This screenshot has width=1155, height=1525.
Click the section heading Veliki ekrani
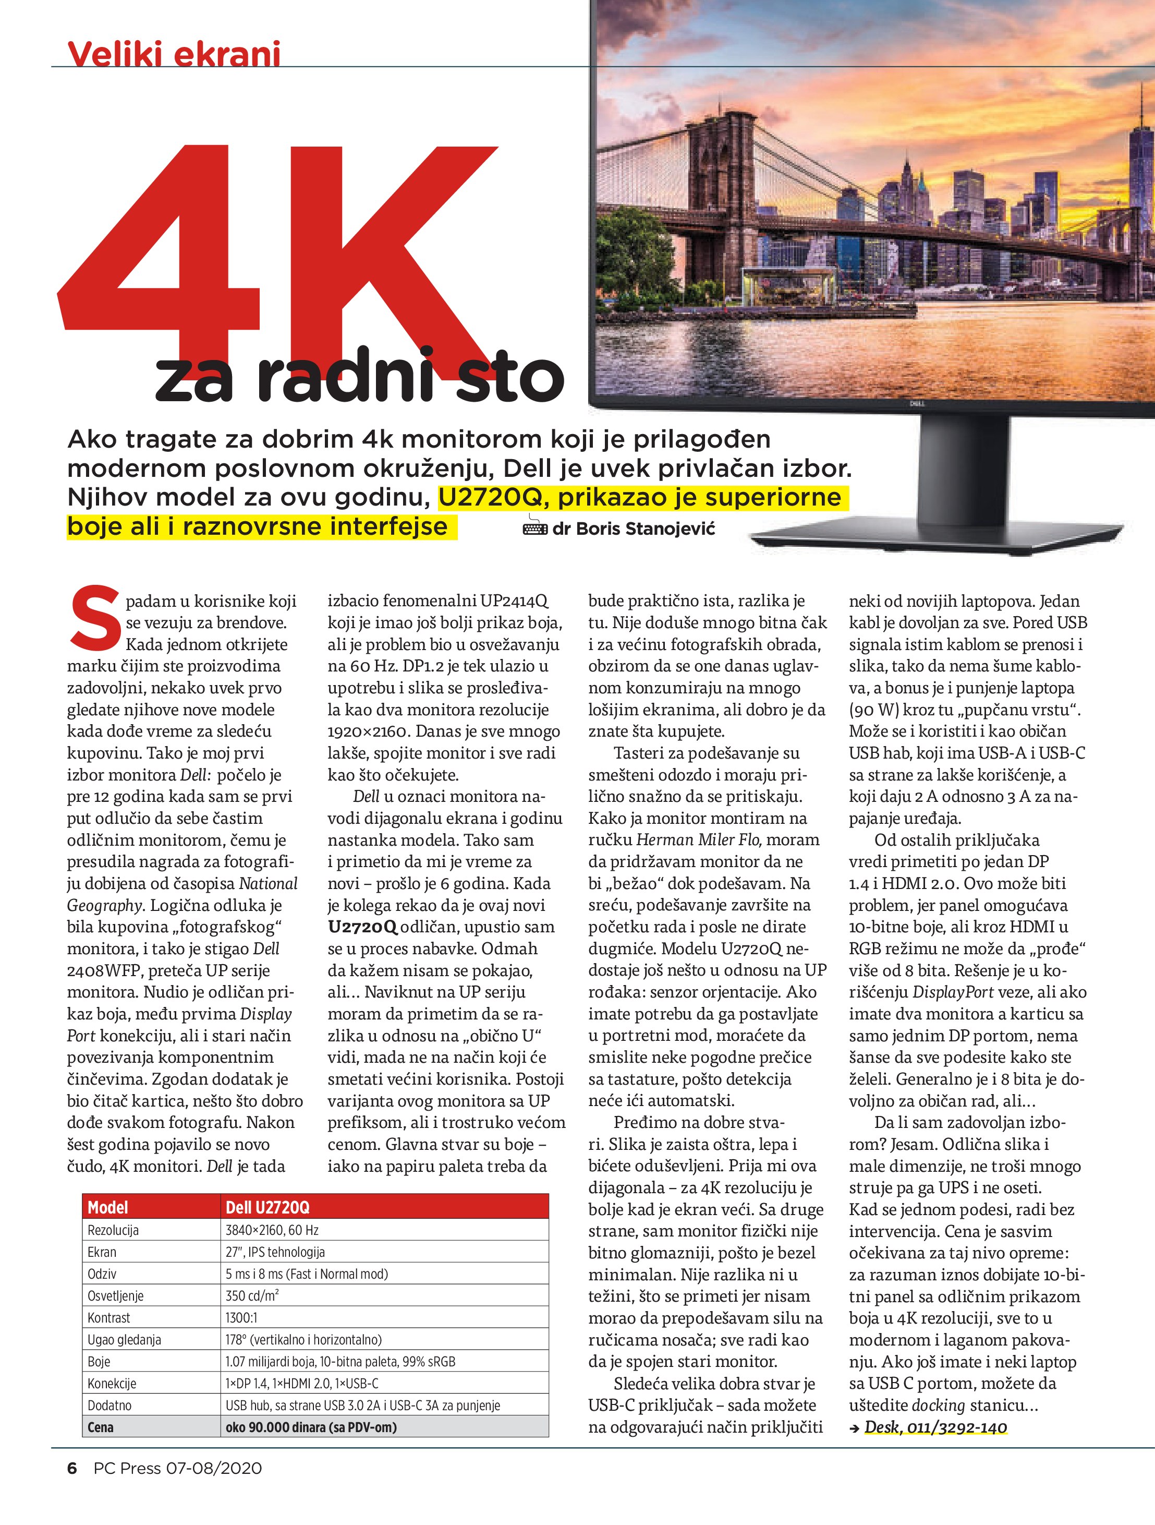pos(174,53)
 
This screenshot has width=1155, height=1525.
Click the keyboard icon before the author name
pos(536,529)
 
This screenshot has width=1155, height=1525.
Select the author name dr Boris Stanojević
pos(634,529)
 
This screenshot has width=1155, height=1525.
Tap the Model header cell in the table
pos(108,1207)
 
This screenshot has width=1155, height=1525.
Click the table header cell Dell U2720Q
pos(268,1207)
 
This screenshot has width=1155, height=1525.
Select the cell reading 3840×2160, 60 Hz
pos(272,1230)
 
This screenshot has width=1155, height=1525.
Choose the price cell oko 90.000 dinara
pos(311,1427)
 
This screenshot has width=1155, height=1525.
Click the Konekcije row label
pos(112,1383)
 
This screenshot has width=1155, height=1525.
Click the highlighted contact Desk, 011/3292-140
pos(935,1426)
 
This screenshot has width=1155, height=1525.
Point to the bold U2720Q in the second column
pos(362,927)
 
